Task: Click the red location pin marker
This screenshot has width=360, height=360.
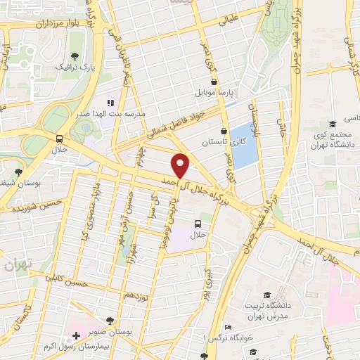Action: [181, 165]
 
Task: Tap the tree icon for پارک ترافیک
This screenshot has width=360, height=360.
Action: [75, 57]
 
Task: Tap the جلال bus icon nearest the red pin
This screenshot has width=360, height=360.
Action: [198, 224]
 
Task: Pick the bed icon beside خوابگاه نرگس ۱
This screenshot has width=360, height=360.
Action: [227, 328]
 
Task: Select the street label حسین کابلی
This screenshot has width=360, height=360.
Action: [69, 279]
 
